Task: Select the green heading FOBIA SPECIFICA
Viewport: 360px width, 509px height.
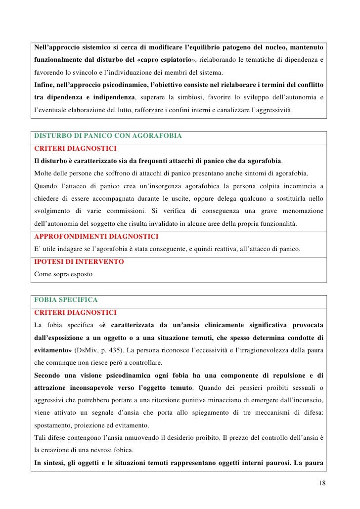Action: click(66, 300)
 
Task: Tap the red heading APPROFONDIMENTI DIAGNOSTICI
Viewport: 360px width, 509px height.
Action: click(96, 236)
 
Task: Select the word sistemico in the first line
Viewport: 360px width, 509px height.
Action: click(106, 47)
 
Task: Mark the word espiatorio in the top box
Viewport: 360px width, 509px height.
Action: click(170, 60)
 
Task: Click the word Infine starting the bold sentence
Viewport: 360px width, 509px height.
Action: click(44, 85)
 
